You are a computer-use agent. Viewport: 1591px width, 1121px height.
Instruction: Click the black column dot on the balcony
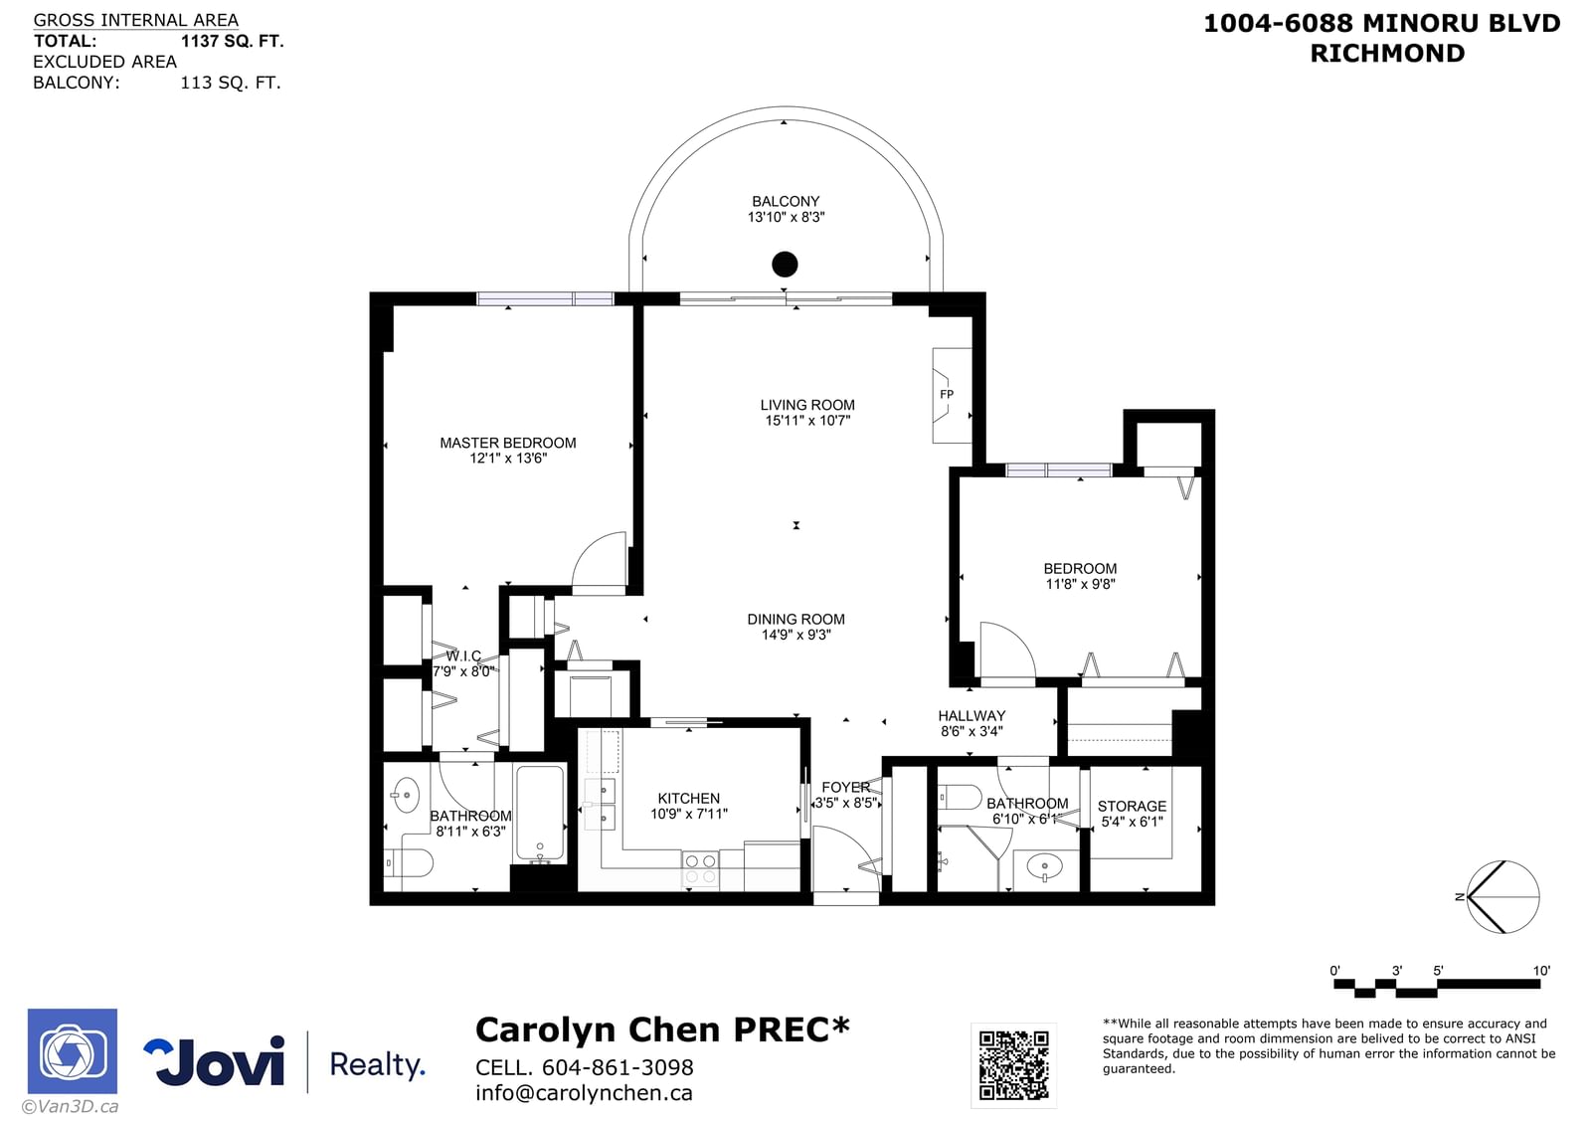coord(785,265)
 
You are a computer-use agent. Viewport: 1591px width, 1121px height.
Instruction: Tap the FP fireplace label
coord(946,394)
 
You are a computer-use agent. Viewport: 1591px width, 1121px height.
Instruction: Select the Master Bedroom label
coord(508,443)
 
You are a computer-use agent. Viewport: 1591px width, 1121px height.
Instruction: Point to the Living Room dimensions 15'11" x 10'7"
coord(807,421)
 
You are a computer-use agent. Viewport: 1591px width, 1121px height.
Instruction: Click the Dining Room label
coord(795,620)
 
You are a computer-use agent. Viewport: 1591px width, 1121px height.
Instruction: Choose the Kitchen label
coord(688,799)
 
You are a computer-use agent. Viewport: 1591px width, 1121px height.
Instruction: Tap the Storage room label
coord(1132,807)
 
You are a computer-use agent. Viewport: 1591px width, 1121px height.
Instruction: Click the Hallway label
coord(971,716)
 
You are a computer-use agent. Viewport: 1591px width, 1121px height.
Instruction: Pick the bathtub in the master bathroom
coord(541,814)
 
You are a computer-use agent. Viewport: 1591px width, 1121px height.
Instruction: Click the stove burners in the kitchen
coord(700,869)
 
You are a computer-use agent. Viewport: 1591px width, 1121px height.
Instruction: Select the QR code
coord(1013,1065)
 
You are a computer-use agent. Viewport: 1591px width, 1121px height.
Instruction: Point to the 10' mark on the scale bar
coord(1540,971)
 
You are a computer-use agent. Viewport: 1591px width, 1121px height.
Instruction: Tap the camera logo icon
coord(73,1051)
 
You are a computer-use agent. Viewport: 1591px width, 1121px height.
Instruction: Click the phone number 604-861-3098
coord(618,1067)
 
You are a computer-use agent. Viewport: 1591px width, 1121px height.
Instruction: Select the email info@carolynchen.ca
coord(584,1093)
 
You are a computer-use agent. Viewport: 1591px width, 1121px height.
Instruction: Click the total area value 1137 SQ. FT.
coord(232,41)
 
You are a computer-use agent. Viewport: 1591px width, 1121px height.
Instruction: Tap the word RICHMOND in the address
coord(1387,54)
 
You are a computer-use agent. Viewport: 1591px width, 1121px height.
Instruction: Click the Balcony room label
coord(786,202)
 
